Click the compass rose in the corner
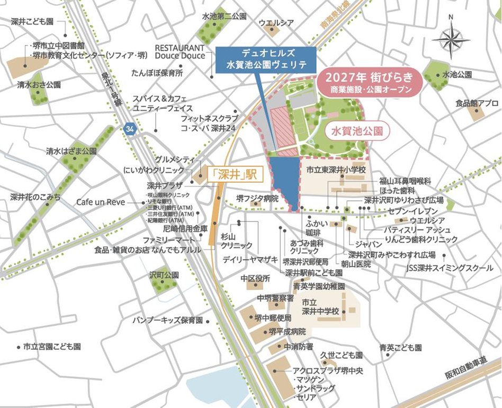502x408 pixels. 450,40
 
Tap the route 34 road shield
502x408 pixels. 129,128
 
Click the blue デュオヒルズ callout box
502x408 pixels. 266,59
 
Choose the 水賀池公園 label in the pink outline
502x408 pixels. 356,130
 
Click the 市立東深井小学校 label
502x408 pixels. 336,170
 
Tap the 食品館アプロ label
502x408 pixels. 477,103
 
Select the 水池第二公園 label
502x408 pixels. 225,17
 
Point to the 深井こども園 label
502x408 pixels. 33,22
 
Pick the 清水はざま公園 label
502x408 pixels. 71,151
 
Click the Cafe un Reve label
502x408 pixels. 101,202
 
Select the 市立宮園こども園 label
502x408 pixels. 52,347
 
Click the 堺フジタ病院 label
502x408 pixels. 257,198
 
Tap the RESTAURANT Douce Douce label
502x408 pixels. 180,51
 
